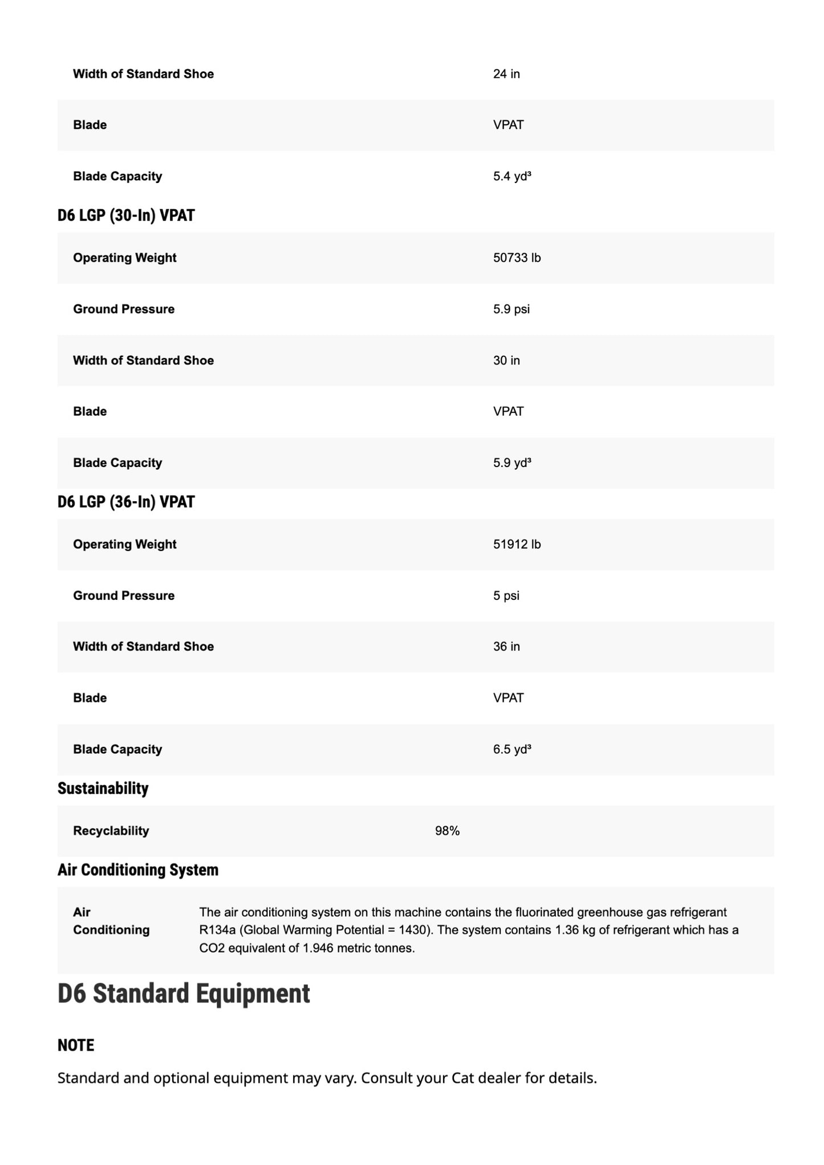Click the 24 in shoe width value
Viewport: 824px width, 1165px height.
pyautogui.click(x=506, y=74)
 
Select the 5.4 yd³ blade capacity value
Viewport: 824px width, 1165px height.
pyautogui.click(x=512, y=176)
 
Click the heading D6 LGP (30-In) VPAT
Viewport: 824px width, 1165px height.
pyautogui.click(x=126, y=216)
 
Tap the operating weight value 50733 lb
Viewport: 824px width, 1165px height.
pyautogui.click(x=517, y=258)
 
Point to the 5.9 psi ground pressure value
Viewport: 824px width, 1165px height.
pyautogui.click(x=511, y=309)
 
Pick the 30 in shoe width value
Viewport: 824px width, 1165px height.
pyautogui.click(x=506, y=360)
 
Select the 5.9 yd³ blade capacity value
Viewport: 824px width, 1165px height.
pyautogui.click(x=512, y=463)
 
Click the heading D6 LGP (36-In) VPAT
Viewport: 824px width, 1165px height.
pyautogui.click(x=126, y=502)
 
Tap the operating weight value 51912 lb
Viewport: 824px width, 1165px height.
pyautogui.click(x=517, y=545)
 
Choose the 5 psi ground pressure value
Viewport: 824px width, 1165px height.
pyautogui.click(x=506, y=596)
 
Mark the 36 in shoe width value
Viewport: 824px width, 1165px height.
pyautogui.click(x=506, y=647)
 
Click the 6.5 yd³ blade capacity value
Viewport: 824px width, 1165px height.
pyautogui.click(x=512, y=749)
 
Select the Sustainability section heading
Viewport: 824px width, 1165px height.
pyautogui.click(x=103, y=789)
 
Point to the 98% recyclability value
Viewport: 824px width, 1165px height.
pyautogui.click(x=447, y=831)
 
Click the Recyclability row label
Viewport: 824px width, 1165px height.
pyautogui.click(x=111, y=831)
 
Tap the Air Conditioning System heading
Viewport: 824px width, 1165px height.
pyautogui.click(x=137, y=870)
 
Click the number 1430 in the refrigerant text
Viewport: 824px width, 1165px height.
pyautogui.click(x=412, y=930)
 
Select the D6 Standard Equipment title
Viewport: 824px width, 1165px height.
pyautogui.click(x=184, y=993)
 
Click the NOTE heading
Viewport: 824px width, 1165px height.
pyautogui.click(x=75, y=1045)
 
